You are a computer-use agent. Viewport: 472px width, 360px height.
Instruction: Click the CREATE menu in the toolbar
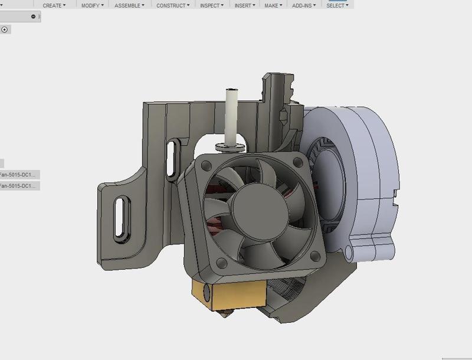point(54,5)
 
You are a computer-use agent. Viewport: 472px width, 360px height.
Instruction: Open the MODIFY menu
point(92,5)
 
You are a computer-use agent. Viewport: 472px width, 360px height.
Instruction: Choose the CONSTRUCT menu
point(173,5)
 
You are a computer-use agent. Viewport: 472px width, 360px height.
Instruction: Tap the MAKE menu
point(273,5)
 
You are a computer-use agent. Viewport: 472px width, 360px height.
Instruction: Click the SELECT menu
point(337,5)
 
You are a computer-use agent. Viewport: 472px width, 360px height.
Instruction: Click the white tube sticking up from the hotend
point(231,115)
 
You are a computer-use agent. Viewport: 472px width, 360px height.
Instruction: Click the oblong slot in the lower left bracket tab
point(120,220)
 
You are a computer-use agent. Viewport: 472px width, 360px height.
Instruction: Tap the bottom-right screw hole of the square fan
point(314,256)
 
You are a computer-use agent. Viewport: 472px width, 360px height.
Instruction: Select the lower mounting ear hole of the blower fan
point(349,253)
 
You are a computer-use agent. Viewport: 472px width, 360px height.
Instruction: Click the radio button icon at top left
point(5,30)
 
